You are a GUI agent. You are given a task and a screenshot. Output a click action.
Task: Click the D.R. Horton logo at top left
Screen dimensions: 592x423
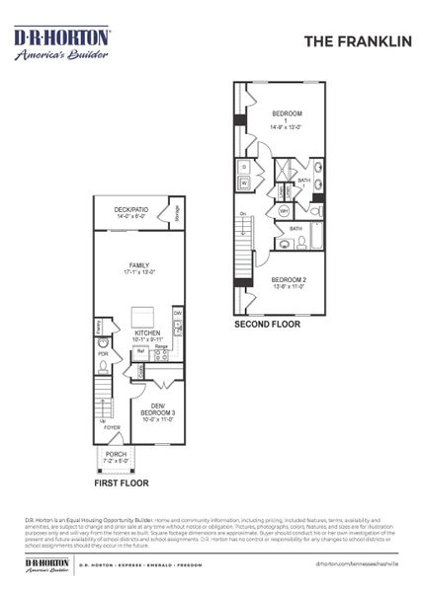[x=61, y=43]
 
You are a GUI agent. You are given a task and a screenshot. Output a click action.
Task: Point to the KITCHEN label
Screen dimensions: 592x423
[x=147, y=333]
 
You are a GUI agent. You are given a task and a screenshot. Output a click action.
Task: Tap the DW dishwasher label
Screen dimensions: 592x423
[x=178, y=314]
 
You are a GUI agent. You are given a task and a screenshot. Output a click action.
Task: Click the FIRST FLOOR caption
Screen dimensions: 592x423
[x=121, y=484]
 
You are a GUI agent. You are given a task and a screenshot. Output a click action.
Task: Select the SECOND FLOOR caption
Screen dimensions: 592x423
[x=267, y=323]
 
